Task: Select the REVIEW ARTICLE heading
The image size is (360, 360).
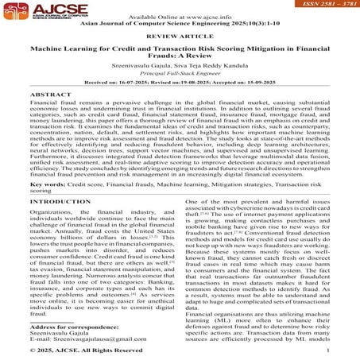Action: coord(180,36)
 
